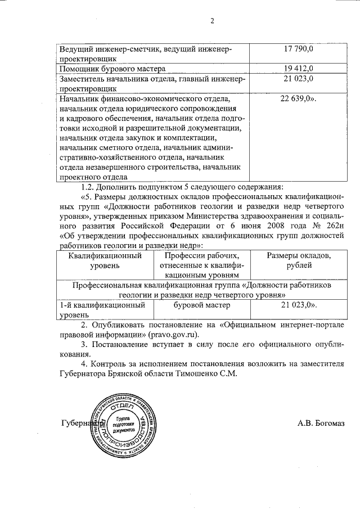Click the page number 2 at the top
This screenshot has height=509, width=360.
pos(212,22)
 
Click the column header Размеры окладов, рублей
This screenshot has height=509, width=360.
pos(299,260)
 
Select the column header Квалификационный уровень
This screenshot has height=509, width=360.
pos(105,260)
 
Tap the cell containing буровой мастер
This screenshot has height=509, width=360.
pos(202,305)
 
